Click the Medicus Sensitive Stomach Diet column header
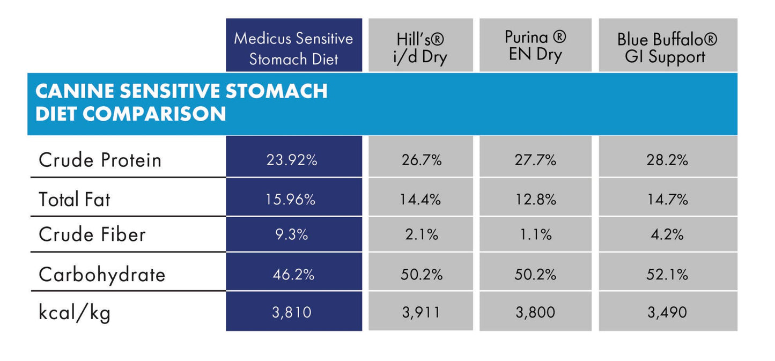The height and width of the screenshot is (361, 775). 293,48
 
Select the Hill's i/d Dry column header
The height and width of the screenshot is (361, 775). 421,48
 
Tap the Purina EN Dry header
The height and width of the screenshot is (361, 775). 535,46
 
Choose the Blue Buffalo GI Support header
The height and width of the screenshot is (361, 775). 667,48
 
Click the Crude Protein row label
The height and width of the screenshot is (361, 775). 100,160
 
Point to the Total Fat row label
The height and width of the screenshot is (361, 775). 74,200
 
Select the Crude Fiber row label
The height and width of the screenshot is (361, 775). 92,234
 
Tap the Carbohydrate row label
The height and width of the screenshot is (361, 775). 102,275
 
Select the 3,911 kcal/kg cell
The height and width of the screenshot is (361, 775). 421,312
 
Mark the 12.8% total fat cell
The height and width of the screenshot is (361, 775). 535,200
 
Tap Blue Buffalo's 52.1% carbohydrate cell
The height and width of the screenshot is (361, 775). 667,275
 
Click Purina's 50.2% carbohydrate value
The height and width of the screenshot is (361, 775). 535,275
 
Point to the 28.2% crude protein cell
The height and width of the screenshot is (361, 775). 667,160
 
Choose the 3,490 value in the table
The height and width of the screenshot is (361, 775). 667,312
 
